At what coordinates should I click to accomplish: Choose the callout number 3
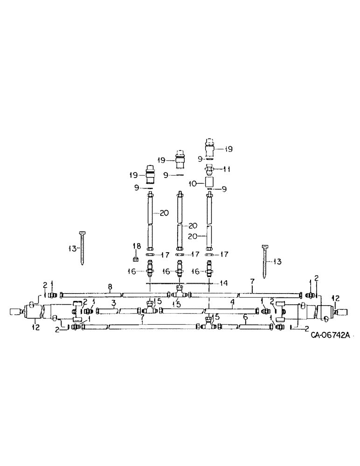pos(114,303)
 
